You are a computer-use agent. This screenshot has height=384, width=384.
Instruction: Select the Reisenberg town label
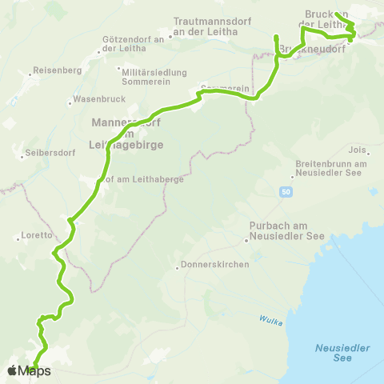click(52, 70)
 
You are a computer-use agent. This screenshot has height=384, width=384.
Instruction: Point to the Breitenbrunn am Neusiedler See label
click(330, 169)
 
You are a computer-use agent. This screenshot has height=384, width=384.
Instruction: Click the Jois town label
click(358, 149)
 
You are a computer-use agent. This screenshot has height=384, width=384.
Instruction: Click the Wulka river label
click(268, 320)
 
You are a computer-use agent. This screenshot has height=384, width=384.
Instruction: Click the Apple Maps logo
click(28, 370)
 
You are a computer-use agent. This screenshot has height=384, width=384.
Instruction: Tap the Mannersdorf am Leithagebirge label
click(127, 134)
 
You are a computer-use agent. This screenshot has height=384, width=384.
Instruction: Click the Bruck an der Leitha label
click(328, 18)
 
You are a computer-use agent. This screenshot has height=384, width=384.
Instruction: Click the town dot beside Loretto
click(17, 236)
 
